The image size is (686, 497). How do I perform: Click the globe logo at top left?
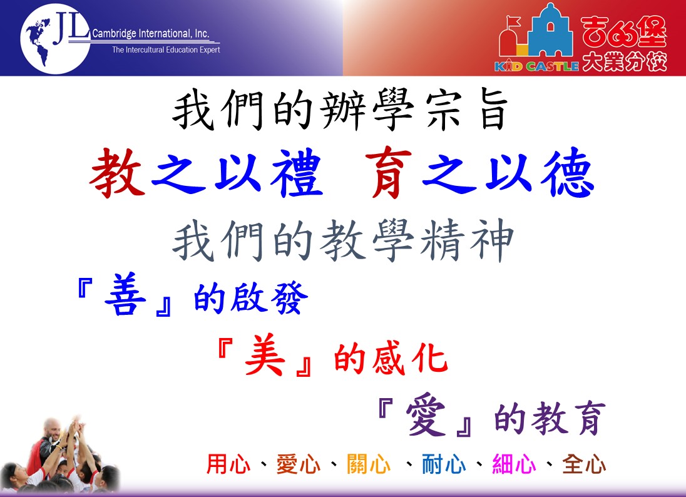click(x=54, y=39)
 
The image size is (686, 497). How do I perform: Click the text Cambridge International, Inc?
click(x=150, y=33)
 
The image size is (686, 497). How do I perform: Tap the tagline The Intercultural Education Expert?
click(x=166, y=50)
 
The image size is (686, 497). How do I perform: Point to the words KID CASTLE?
click(x=536, y=66)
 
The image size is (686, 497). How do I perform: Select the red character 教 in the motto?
click(x=117, y=173)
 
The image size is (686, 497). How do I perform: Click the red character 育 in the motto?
click(x=389, y=173)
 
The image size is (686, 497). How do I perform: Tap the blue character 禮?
click(x=297, y=173)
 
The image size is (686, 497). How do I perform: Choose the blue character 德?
click(x=568, y=173)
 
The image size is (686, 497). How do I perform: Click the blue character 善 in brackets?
click(x=126, y=294)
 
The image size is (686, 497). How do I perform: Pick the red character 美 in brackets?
click(x=265, y=354)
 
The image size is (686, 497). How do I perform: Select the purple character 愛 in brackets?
click(x=426, y=414)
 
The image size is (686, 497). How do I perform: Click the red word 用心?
click(x=228, y=464)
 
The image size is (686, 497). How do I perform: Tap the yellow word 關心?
click(x=369, y=464)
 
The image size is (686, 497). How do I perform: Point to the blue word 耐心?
click(x=444, y=464)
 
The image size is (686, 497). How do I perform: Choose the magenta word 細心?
click(x=514, y=464)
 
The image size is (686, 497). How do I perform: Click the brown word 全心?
click(x=584, y=464)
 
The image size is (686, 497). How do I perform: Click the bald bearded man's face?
click(x=53, y=431)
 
